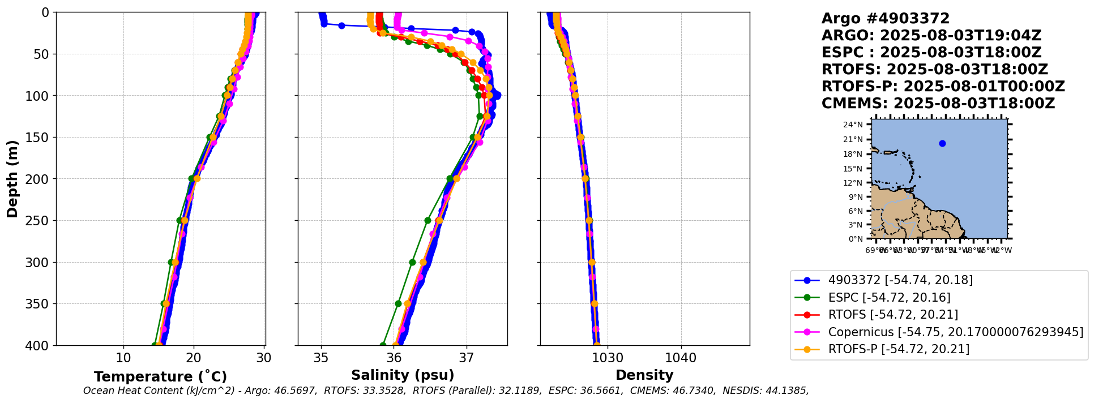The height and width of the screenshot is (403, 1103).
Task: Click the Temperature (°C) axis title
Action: (x=160, y=377)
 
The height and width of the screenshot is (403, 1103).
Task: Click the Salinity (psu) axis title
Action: (x=403, y=375)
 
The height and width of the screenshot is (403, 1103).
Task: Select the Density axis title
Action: (x=644, y=375)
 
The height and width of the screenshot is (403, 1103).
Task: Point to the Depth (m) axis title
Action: (x=12, y=178)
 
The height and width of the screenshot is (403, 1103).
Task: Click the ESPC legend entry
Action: (x=889, y=297)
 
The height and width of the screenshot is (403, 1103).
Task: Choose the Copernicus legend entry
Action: (x=955, y=332)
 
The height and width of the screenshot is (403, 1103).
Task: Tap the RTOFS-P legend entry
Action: (x=898, y=349)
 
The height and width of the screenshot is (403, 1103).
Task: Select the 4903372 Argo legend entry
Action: (x=900, y=280)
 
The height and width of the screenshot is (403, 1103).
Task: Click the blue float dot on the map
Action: (x=942, y=143)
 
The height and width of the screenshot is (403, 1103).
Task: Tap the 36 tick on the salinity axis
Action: (x=394, y=358)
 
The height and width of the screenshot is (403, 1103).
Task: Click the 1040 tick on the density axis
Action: (x=681, y=358)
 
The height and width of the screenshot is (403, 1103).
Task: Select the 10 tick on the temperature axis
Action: (x=123, y=358)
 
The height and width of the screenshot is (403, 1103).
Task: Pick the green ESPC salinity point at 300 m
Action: (x=412, y=262)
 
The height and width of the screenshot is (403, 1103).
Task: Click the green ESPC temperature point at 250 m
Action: (x=179, y=220)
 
